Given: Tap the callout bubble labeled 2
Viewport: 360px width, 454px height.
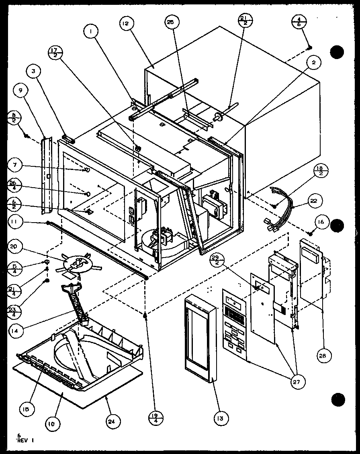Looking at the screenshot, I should click(x=314, y=63).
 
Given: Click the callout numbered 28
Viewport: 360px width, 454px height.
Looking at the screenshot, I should click(x=324, y=355).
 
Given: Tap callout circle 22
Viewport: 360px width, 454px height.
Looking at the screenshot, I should click(x=314, y=200).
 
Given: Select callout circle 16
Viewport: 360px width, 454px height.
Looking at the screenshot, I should click(x=322, y=222).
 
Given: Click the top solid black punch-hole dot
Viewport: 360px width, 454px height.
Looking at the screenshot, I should click(x=337, y=51).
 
